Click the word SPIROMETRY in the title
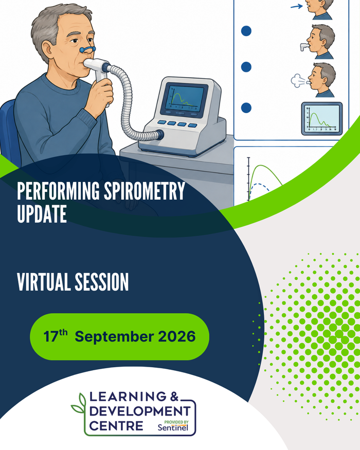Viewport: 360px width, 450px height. tap(144, 191)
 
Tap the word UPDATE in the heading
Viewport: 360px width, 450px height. tap(42, 214)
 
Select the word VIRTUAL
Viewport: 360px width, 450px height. tap(44, 282)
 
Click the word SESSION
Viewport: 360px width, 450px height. tap(102, 282)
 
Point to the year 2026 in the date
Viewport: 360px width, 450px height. tap(177, 336)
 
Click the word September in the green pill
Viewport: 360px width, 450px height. tap(114, 337)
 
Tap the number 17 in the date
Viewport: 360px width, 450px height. tap(51, 336)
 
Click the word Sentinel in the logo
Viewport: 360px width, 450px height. tap(173, 427)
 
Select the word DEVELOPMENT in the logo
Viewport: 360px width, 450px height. tap(140, 411)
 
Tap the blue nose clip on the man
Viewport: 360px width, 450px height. tap(87, 49)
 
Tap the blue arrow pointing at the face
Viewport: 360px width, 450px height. tap(297, 6)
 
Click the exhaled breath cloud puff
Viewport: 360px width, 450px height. tap(299, 81)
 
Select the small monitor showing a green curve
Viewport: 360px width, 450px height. tap(322, 118)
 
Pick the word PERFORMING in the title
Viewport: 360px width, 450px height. tap(58, 191)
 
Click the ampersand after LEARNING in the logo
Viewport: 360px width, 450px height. tap(174, 397)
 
